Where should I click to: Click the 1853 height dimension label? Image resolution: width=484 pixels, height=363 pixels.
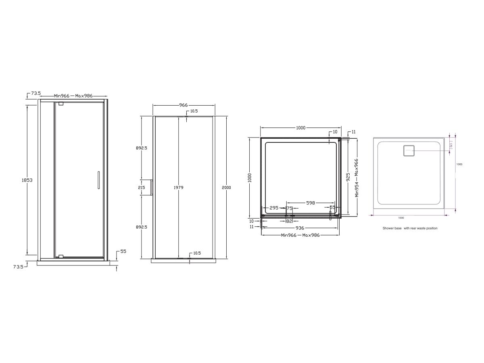[27, 180]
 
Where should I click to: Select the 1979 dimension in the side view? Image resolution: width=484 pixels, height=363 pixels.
[178, 188]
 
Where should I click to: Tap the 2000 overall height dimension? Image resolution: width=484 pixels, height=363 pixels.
[226, 188]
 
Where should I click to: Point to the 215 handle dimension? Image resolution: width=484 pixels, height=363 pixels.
[142, 188]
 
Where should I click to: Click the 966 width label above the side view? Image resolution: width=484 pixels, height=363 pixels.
[183, 105]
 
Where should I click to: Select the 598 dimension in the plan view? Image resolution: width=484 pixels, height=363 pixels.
[310, 203]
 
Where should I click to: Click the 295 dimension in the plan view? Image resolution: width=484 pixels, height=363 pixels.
[274, 208]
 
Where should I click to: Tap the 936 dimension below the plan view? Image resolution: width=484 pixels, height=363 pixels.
[300, 228]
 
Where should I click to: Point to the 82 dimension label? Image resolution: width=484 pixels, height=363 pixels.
[289, 221]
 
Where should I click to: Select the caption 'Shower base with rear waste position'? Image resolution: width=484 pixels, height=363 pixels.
[410, 228]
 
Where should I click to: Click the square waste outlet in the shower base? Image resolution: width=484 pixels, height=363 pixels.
[409, 151]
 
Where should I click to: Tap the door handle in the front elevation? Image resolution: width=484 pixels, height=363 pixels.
[98, 180]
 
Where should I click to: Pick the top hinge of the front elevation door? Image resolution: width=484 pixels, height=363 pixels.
[61, 104]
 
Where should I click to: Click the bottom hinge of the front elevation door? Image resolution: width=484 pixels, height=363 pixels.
[61, 256]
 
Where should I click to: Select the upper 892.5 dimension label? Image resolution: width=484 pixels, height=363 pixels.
[142, 148]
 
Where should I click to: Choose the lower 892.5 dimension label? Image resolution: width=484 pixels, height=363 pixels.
[142, 227]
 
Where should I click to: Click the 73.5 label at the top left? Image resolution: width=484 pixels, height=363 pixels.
[36, 93]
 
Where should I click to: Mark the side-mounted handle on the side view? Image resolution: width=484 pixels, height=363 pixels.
[152, 188]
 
